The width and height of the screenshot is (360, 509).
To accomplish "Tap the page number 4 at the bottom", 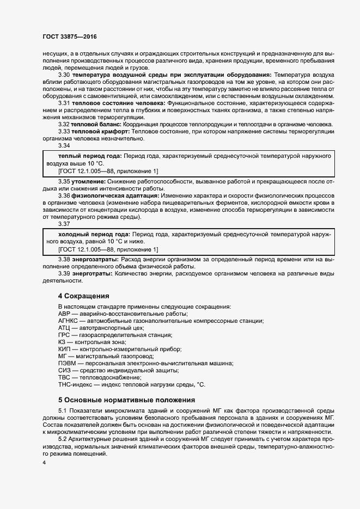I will (x=44, y=463).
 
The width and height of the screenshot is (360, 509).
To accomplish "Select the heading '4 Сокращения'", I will (x=83, y=296).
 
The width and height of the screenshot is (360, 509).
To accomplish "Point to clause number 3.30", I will (x=64, y=74).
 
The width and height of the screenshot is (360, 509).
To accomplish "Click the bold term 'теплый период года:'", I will (x=86, y=156).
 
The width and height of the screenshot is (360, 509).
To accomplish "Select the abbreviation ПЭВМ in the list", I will (x=66, y=363).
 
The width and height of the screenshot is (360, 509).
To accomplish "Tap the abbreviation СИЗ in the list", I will (x=64, y=370).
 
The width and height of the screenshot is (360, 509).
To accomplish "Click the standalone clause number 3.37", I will (x=64, y=223).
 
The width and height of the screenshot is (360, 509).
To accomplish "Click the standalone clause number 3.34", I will (x=64, y=146).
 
